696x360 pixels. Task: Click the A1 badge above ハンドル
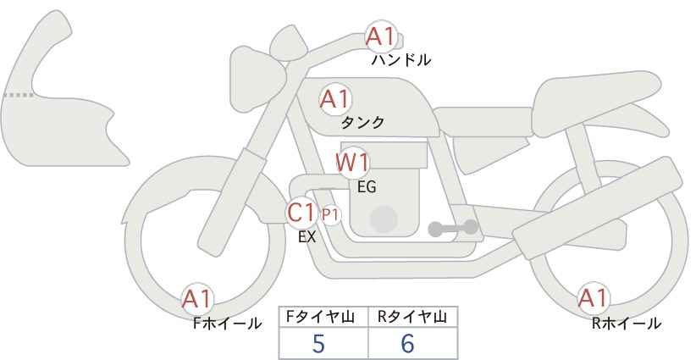pos(380,36)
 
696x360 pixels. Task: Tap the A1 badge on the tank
pos(334,99)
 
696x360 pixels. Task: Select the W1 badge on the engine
pos(352,161)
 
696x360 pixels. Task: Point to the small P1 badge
pos(330,215)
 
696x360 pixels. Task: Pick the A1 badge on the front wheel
pos(197,299)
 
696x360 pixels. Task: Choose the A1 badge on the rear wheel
pos(593,299)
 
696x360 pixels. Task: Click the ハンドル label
pos(401,60)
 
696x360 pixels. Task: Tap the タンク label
pos(362,123)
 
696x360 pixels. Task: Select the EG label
pos(367,186)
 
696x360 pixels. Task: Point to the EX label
pos(307,237)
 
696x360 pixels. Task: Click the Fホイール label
pos(227,324)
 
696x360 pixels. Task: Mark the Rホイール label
pos(627,324)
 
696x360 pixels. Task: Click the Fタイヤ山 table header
pos(323,317)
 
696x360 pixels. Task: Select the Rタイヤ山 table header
pos(412,317)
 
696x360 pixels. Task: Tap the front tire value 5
pos(318,344)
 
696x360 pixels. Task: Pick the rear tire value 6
pos(407,344)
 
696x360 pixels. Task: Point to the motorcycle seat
pos(593,93)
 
